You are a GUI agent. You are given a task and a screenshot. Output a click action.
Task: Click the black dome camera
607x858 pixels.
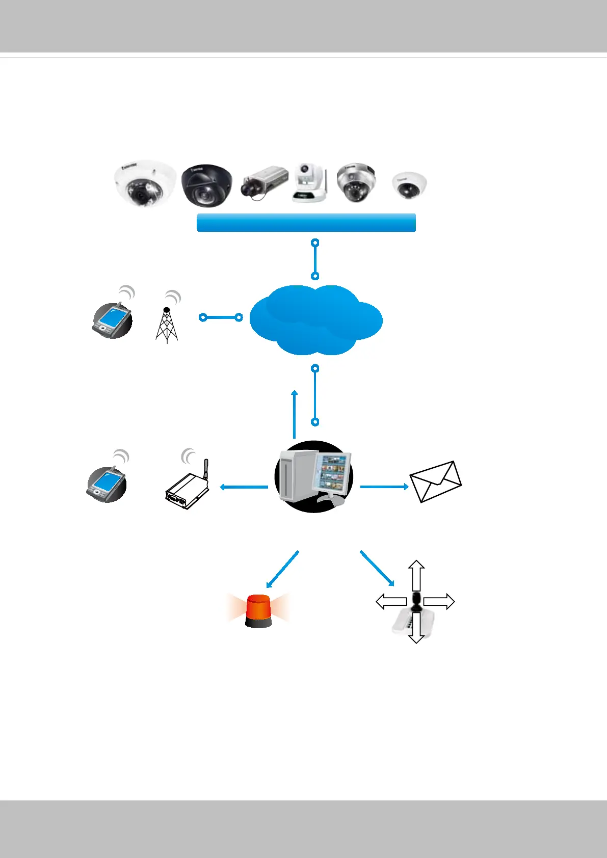pyautogui.click(x=207, y=185)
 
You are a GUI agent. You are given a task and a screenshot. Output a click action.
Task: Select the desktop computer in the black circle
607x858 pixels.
pyautogui.click(x=314, y=477)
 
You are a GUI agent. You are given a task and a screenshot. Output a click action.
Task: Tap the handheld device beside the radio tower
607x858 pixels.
pyautogui.click(x=112, y=320)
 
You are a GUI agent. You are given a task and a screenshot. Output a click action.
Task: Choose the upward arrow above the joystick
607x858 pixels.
pyautogui.click(x=417, y=575)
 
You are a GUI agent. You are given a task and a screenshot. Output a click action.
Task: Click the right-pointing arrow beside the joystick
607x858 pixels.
pyautogui.click(x=438, y=601)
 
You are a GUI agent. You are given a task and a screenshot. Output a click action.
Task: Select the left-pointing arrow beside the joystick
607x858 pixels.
pyautogui.click(x=391, y=602)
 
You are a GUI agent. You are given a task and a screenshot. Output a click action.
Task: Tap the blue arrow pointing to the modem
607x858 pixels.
pyautogui.click(x=244, y=487)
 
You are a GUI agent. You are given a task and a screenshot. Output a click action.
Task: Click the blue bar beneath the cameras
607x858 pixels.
pyautogui.click(x=306, y=223)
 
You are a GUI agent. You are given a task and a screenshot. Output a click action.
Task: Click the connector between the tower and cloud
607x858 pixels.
pyautogui.click(x=221, y=317)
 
